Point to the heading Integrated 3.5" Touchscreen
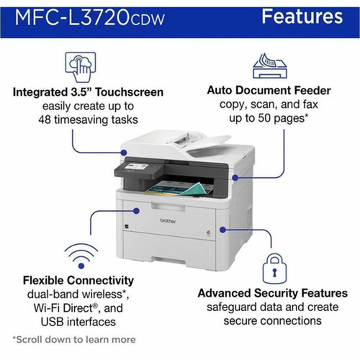(87, 92)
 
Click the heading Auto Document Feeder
(268, 91)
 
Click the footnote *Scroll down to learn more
(73, 338)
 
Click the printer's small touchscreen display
(137, 168)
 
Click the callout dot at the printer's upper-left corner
(125, 152)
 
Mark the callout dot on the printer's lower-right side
(220, 228)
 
